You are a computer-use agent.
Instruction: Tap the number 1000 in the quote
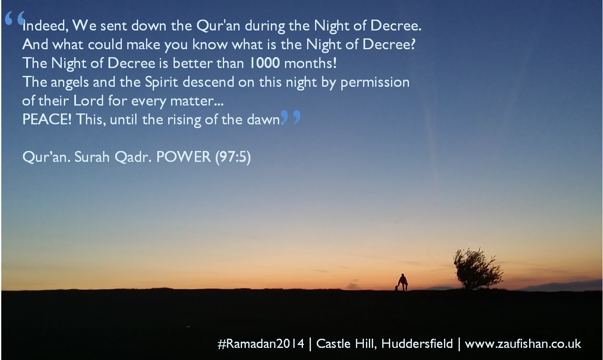click(x=265, y=63)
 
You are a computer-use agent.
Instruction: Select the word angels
click(x=70, y=82)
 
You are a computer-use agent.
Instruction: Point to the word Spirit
click(x=162, y=82)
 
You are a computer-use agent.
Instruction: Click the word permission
click(x=375, y=82)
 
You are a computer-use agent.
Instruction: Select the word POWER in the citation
click(x=184, y=157)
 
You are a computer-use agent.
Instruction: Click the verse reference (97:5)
click(x=233, y=157)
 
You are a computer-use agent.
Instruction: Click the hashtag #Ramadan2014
click(x=261, y=344)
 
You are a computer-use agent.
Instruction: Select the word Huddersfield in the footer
click(x=417, y=344)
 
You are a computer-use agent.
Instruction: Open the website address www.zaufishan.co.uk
click(x=523, y=344)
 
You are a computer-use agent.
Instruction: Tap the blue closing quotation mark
click(x=291, y=117)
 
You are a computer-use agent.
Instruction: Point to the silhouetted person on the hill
click(x=402, y=282)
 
